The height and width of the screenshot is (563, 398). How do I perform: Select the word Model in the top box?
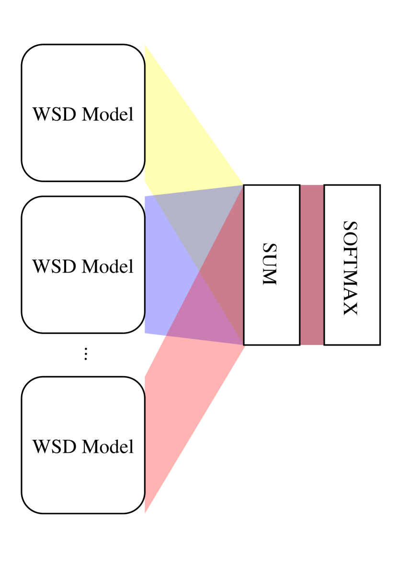108,115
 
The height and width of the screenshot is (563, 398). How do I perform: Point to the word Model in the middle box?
108,266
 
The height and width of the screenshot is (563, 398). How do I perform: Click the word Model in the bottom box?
108,447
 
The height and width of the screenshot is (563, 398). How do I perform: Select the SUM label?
270,264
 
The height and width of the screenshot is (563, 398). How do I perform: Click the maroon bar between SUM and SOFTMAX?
312,264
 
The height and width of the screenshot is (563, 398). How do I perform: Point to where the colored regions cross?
199,272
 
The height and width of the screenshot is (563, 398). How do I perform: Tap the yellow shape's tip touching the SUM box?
243,184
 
